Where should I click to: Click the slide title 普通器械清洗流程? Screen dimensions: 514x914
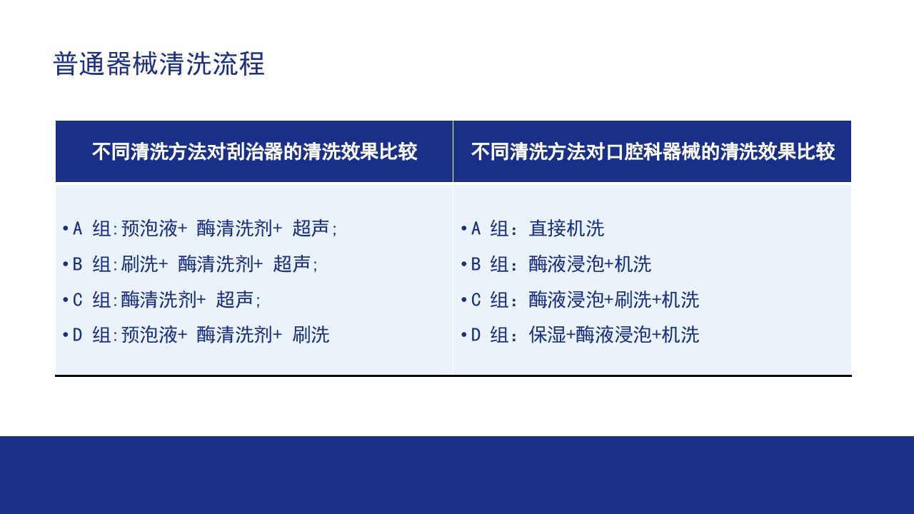tap(159, 64)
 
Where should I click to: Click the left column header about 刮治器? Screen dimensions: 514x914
tap(254, 152)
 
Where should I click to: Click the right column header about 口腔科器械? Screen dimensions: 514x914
tap(653, 152)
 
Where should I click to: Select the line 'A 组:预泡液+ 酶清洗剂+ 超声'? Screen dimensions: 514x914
tap(200, 228)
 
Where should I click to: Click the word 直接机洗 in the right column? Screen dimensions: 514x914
tap(566, 228)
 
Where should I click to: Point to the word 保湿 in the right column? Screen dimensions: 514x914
tap(547, 335)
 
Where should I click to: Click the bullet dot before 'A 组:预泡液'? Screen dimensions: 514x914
tap(65, 228)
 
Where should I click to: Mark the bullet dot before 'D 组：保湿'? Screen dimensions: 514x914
tap(463, 335)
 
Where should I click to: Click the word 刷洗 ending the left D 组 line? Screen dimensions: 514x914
tap(311, 335)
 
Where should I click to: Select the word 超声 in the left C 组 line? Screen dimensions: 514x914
tap(235, 300)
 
